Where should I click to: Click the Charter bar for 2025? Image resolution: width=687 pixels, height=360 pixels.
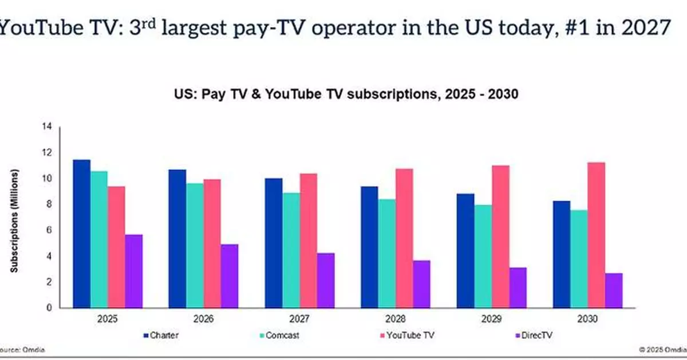tap(81, 234)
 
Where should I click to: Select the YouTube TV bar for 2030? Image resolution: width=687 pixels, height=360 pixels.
tap(596, 235)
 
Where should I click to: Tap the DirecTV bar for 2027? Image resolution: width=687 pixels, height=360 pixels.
tap(326, 280)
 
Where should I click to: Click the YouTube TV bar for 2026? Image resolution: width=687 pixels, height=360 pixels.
tap(211, 244)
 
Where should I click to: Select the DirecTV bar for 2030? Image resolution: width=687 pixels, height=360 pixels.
tap(614, 291)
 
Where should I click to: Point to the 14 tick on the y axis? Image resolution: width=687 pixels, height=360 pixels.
tap(48, 126)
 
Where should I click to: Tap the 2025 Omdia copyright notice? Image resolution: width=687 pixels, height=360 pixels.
tap(662, 349)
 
